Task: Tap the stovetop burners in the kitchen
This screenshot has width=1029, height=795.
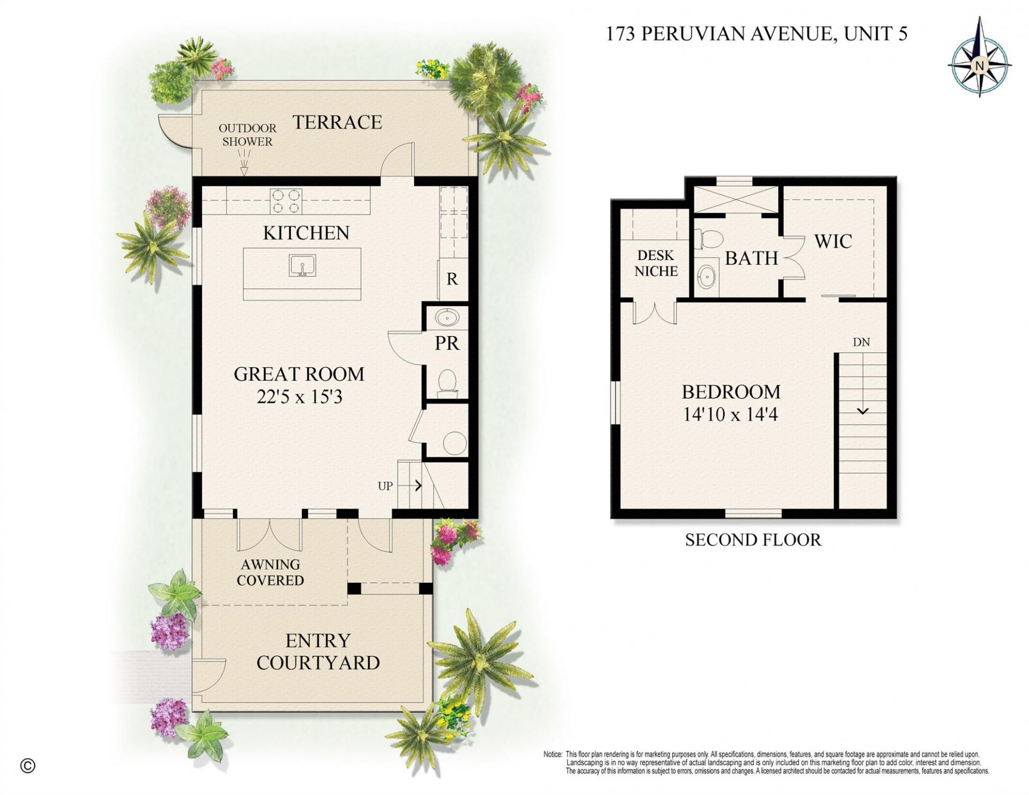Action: (x=286, y=202)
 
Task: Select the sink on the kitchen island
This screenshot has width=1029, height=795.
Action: (x=302, y=266)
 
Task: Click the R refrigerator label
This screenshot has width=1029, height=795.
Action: (x=452, y=279)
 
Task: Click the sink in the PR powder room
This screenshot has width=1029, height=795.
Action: (x=446, y=318)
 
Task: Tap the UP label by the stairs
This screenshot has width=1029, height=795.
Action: (x=385, y=486)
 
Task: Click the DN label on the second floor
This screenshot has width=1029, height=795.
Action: (x=861, y=342)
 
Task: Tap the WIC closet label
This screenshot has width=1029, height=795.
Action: (x=833, y=241)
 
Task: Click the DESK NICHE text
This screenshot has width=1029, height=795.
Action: (x=656, y=263)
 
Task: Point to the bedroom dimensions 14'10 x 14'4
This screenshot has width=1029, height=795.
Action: (x=730, y=414)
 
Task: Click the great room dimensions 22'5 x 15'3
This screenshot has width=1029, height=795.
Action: (x=299, y=397)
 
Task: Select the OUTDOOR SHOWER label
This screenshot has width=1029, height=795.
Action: (x=247, y=135)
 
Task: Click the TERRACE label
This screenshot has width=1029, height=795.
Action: (x=337, y=122)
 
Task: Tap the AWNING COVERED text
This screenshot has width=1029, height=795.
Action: (x=270, y=572)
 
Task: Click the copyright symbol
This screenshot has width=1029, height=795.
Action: (x=28, y=766)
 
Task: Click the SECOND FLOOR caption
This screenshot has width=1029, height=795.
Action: (x=752, y=540)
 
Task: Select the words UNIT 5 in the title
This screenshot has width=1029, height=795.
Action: (x=875, y=34)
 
